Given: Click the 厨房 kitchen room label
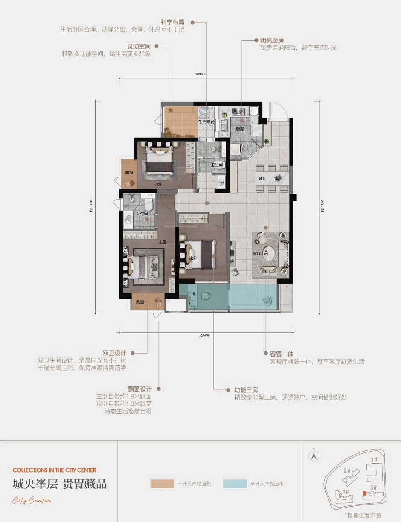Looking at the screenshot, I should pyautogui.click(x=239, y=128).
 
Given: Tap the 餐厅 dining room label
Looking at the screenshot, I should pyautogui.click(x=262, y=179).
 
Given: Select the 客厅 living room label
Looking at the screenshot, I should pyautogui.click(x=256, y=253).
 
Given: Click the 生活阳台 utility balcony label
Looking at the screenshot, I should pyautogui.click(x=206, y=122).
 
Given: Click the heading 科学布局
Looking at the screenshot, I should pyautogui.click(x=172, y=22).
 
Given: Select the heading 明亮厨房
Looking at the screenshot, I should pyautogui.click(x=272, y=40).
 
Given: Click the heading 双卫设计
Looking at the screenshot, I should pyautogui.click(x=114, y=353).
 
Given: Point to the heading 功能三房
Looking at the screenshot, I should pyautogui.click(x=246, y=390).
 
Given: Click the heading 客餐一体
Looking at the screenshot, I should pyautogui.click(x=282, y=354).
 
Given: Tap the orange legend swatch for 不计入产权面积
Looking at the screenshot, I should pyautogui.click(x=162, y=484).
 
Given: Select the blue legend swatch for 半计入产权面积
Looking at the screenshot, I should pyautogui.click(x=235, y=484).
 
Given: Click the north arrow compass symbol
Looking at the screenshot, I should pyautogui.click(x=314, y=455).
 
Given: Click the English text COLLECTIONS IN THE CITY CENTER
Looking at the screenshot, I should pyautogui.click(x=55, y=470).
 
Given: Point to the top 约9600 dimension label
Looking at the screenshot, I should pyautogui.click(x=201, y=74).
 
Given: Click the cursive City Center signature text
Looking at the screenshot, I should pyautogui.click(x=32, y=500).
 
